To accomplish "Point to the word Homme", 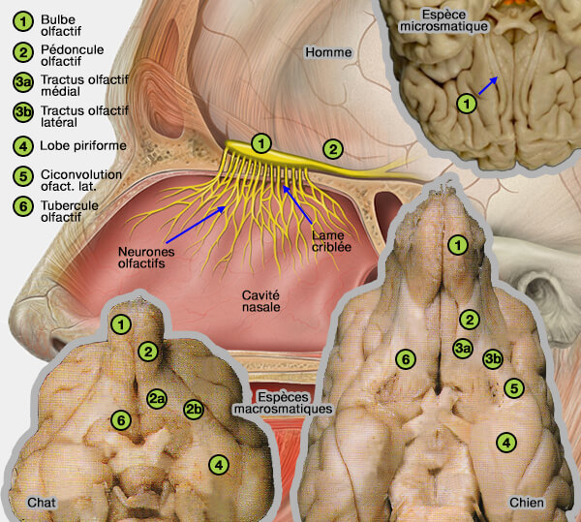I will [326, 50].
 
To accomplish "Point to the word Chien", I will [527, 502].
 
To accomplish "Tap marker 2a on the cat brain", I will [157, 397].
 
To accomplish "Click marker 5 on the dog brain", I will [514, 388].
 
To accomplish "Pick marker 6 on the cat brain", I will [120, 420].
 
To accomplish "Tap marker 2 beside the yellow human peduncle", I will [332, 149].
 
